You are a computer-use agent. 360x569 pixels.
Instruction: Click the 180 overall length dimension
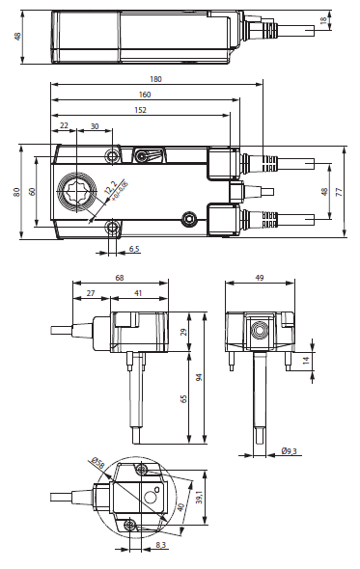point(154,79)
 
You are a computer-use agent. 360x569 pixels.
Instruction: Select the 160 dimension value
point(144,95)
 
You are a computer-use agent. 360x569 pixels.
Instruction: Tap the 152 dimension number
point(140,110)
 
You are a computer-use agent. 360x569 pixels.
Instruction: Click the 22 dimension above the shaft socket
point(64,126)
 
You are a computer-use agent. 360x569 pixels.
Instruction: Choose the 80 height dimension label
point(16,191)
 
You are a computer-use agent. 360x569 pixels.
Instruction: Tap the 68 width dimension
point(119,279)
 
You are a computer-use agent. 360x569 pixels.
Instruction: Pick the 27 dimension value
point(91,293)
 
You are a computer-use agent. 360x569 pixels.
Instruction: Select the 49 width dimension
point(260,279)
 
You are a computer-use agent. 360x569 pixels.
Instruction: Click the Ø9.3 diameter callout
point(291,449)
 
